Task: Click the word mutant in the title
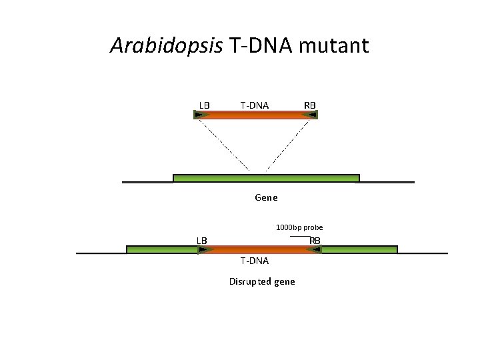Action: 334,46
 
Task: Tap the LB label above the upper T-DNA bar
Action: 204,105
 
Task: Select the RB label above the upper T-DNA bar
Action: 310,105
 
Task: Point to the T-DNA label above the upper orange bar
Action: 255,105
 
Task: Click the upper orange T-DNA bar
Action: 256,115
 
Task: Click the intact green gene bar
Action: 266,178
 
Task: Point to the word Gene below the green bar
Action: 266,197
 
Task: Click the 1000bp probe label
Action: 299,227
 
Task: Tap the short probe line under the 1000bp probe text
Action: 300,236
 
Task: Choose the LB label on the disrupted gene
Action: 201,240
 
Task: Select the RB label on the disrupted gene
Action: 315,240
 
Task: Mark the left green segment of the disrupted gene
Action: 161,250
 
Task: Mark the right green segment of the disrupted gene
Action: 359,250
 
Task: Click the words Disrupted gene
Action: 262,281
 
